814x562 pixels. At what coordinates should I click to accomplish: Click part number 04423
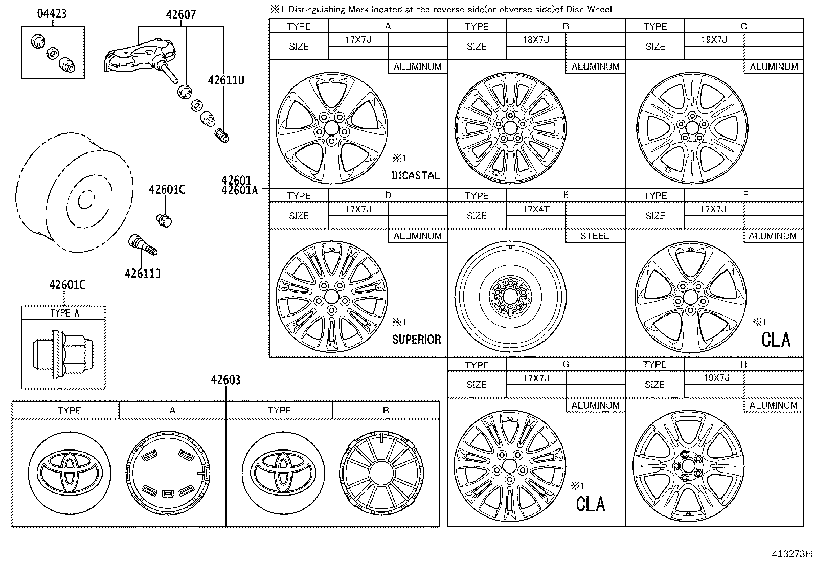click(52, 14)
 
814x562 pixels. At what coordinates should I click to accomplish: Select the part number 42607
click(180, 15)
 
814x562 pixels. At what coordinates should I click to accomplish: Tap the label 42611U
click(226, 80)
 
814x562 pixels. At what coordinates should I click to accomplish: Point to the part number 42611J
click(143, 274)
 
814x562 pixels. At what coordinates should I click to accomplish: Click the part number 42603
click(225, 380)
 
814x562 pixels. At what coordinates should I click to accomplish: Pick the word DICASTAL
click(415, 176)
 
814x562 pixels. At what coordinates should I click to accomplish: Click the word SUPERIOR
click(416, 340)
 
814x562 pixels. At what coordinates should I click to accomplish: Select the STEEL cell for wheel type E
click(595, 236)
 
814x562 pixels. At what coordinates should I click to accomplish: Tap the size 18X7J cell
click(535, 39)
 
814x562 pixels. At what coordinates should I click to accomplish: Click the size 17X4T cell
click(535, 209)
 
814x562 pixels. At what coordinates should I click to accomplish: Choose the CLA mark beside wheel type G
click(590, 504)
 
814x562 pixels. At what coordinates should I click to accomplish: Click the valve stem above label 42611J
click(143, 244)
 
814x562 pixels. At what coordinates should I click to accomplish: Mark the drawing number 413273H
click(792, 554)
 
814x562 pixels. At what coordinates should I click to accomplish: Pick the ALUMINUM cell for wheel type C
click(773, 67)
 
